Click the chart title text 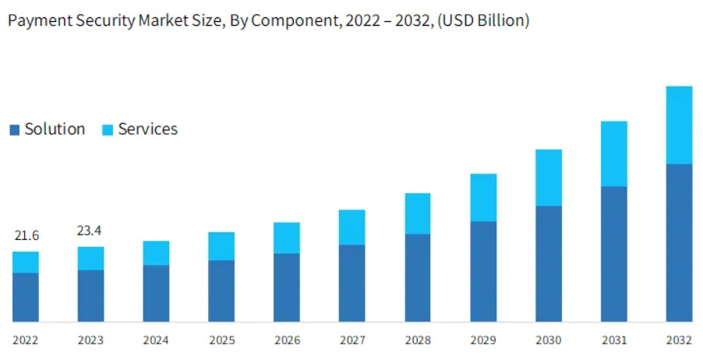[x=268, y=21]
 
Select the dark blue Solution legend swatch [x=14, y=130]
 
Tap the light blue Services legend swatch [x=108, y=130]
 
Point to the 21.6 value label [x=26, y=235]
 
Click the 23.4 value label [x=91, y=231]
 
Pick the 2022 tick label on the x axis [x=26, y=340]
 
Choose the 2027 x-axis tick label [x=352, y=340]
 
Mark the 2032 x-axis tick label [x=679, y=340]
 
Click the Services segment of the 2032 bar [x=679, y=125]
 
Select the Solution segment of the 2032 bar [x=679, y=242]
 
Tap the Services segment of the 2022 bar [x=26, y=262]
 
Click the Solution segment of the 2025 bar [x=221, y=291]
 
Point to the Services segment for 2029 [x=483, y=197]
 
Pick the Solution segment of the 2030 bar [x=549, y=263]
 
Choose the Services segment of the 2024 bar [x=156, y=252]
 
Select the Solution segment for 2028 [x=418, y=277]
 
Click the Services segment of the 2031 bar [x=613, y=154]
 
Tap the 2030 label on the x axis [x=549, y=340]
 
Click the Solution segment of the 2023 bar [x=91, y=295]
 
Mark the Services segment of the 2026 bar [x=287, y=238]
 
